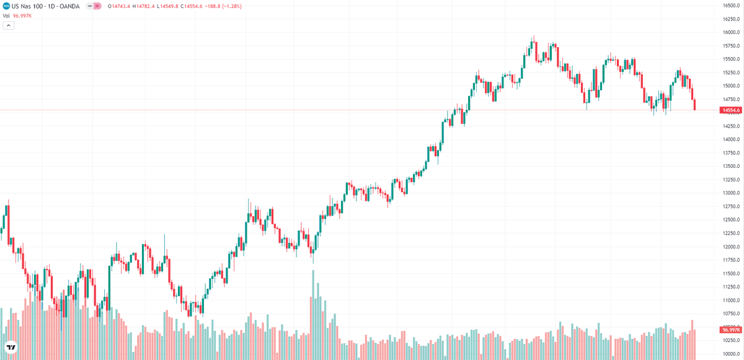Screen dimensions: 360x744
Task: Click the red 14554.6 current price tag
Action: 730,110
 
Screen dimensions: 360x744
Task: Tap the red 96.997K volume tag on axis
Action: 730,330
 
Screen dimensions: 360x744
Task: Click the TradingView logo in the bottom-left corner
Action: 11,348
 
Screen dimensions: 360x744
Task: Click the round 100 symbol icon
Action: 6,6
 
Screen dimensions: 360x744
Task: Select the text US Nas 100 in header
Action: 27,6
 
